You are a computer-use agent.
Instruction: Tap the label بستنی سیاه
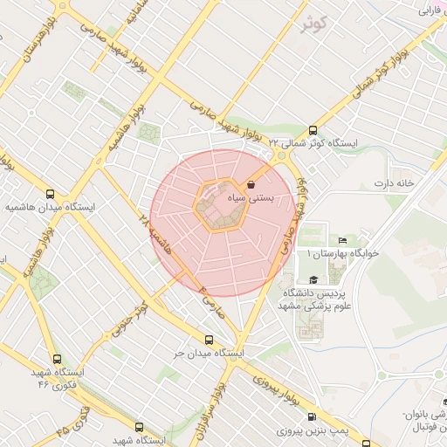pyautogui.click(x=273, y=199)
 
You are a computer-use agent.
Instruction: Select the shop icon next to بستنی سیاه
pyautogui.click(x=251, y=185)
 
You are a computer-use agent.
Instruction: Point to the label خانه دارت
pyautogui.click(x=391, y=183)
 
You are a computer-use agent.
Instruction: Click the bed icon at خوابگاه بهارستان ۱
pyautogui.click(x=342, y=240)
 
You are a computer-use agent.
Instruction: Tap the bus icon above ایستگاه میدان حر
pyautogui.click(x=208, y=340)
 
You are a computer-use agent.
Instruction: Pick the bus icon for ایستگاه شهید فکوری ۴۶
pyautogui.click(x=57, y=359)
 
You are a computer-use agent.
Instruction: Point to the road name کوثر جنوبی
pyautogui.click(x=127, y=320)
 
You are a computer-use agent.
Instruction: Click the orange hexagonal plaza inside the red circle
pyautogui.click(x=218, y=206)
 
